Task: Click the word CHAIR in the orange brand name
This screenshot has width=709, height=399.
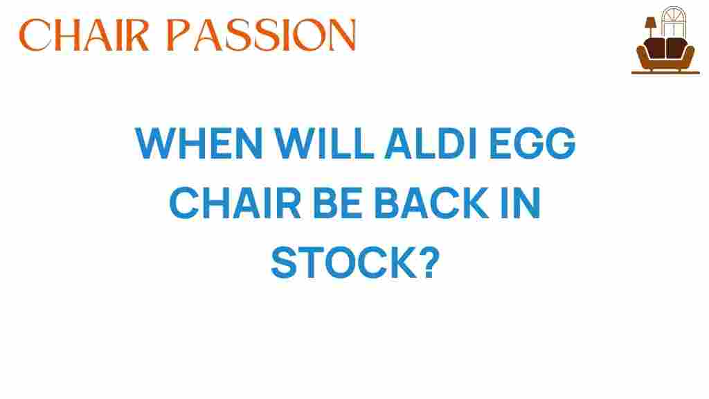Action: click(x=84, y=35)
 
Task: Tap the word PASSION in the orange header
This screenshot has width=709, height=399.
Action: click(x=261, y=35)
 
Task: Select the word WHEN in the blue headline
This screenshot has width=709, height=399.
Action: click(x=199, y=143)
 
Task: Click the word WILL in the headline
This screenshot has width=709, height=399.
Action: click(x=324, y=143)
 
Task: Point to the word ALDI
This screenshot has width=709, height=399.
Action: click(x=431, y=143)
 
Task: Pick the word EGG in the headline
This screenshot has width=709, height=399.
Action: click(x=532, y=143)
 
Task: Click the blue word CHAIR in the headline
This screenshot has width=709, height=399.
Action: click(x=235, y=203)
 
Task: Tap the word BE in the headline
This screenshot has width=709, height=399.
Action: click(x=338, y=203)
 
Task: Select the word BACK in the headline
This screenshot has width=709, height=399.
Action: click(x=431, y=203)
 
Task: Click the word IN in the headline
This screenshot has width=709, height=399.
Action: click(x=521, y=203)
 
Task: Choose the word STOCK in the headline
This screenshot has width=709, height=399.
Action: click(x=343, y=263)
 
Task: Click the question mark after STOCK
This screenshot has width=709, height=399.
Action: click(x=429, y=263)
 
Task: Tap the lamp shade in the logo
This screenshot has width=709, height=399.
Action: click(x=650, y=23)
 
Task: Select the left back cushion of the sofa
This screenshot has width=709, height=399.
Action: click(x=655, y=48)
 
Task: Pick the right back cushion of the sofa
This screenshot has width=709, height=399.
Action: click(x=676, y=48)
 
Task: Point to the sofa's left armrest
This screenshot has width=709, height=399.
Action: click(x=642, y=57)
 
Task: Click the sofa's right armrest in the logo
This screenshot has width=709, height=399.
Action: click(x=689, y=57)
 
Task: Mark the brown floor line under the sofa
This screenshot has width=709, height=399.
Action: click(x=665, y=72)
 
